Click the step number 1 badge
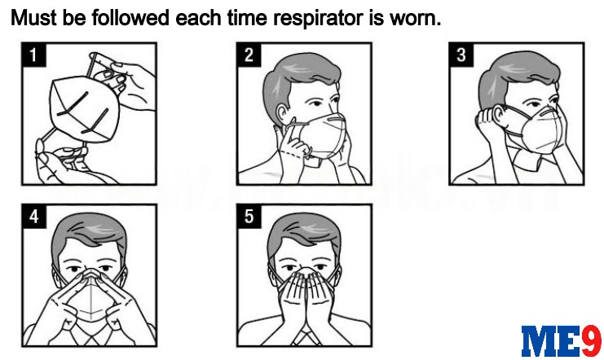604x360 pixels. (34, 55)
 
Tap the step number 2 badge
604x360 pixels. (249, 55)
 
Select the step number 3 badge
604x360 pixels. (461, 55)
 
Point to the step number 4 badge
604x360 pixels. (34, 217)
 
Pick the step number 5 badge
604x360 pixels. (249, 217)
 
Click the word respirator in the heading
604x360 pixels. (318, 18)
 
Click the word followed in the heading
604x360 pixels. (130, 18)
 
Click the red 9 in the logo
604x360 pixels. (591, 340)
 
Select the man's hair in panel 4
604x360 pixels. (89, 231)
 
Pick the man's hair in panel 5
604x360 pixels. (304, 231)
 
